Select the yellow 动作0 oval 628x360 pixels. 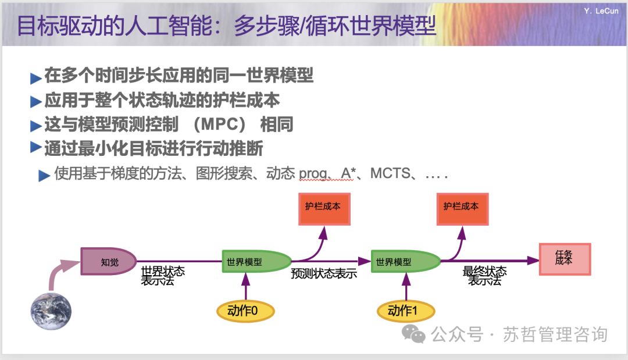[245, 311]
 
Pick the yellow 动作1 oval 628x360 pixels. [405, 311]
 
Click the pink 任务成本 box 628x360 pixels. [564, 258]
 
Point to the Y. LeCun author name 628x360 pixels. [601, 11]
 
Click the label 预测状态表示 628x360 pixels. [324, 274]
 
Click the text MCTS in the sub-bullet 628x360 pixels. [390, 173]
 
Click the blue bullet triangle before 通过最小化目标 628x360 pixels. [36, 148]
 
